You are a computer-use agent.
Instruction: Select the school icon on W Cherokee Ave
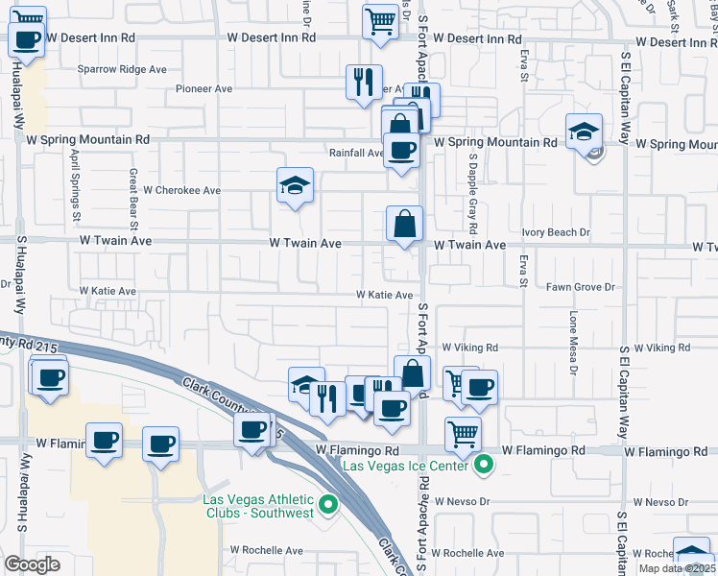coord(296,187)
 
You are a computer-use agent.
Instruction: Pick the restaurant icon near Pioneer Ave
coord(364,83)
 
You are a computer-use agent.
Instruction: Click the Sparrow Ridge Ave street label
coord(122,70)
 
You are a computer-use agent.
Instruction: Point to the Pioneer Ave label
coord(204,89)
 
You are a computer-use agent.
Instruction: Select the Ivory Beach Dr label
coord(556,232)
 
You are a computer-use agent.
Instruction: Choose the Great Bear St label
coord(135,193)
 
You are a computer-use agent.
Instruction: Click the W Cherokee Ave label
coord(182,190)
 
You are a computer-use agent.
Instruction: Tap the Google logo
coord(32,564)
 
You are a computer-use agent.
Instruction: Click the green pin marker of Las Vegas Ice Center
coord(484,467)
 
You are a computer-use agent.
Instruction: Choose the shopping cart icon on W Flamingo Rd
coord(464,433)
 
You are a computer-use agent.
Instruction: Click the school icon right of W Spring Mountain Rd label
coord(584,132)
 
